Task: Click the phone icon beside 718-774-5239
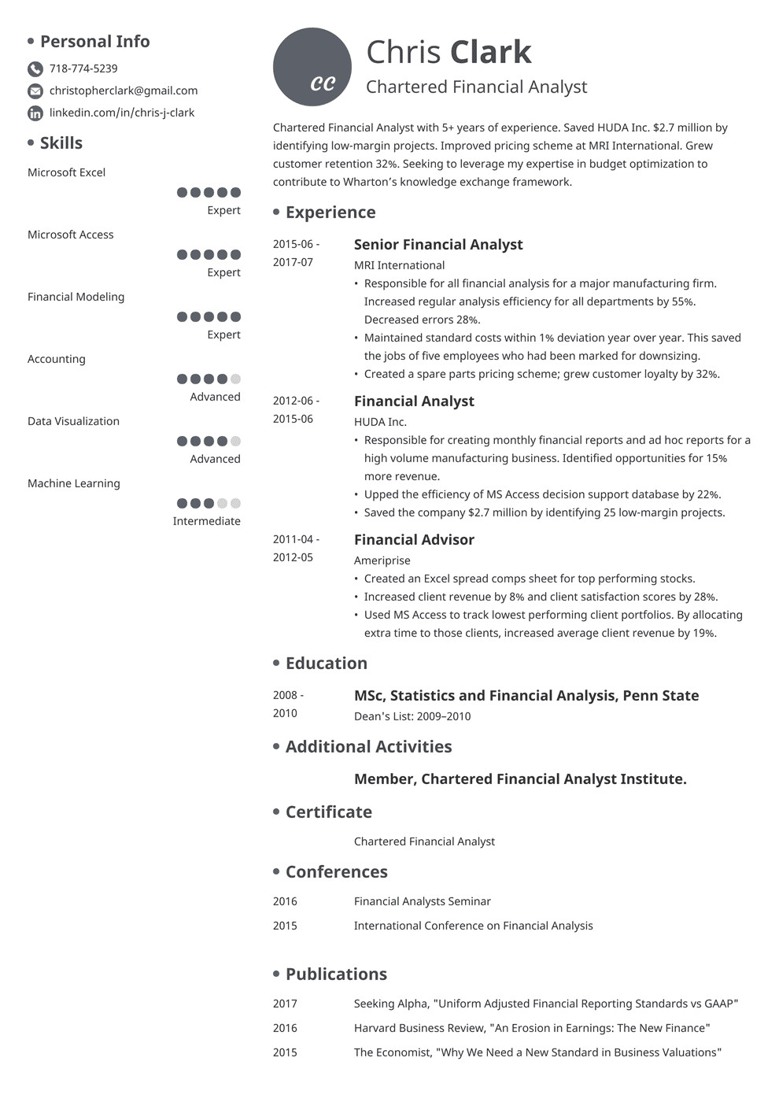35,68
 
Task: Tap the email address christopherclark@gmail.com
124,91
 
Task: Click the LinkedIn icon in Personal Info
35,113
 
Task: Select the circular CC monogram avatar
312,67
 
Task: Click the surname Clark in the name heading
490,52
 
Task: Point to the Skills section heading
61,142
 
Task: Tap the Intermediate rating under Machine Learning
206,521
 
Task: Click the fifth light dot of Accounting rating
235,379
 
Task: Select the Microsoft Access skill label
70,235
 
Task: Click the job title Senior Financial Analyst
438,244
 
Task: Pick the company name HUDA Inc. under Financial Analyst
380,422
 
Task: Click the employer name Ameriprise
382,560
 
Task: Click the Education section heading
326,663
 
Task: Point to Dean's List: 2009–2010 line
412,716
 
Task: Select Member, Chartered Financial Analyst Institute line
520,778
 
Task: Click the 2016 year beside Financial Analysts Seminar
285,901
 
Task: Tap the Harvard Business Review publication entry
532,1028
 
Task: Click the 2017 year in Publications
285,1004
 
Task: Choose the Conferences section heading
336,871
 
